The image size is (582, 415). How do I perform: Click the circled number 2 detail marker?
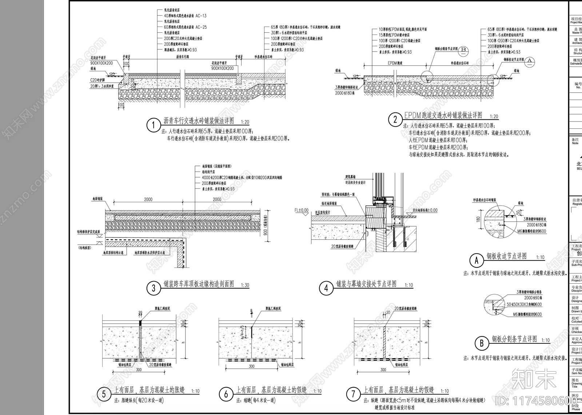pyautogui.click(x=395, y=120)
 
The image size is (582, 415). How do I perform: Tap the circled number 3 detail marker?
pyautogui.click(x=154, y=288)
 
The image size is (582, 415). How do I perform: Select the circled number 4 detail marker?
pyautogui.click(x=326, y=288)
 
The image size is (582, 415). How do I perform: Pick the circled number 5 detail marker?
pyautogui.click(x=104, y=394)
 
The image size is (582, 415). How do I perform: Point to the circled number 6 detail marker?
pyautogui.click(x=226, y=394)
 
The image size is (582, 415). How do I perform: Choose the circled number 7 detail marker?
pyautogui.click(x=353, y=394)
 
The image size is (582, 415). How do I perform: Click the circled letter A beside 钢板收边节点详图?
pyautogui.click(x=477, y=260)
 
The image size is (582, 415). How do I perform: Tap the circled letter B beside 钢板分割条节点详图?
pyautogui.click(x=482, y=343)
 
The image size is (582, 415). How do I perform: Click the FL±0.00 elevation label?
pyautogui.click(x=301, y=210)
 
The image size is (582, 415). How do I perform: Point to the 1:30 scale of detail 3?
pyautogui.click(x=245, y=285)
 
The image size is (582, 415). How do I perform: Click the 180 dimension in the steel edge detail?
pyautogui.click(x=478, y=219)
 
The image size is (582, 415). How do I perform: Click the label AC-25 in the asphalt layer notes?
pyautogui.click(x=201, y=27)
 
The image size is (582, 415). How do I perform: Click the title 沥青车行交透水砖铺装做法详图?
pyautogui.click(x=199, y=121)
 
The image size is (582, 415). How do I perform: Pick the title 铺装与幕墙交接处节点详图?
pyautogui.click(x=366, y=284)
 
